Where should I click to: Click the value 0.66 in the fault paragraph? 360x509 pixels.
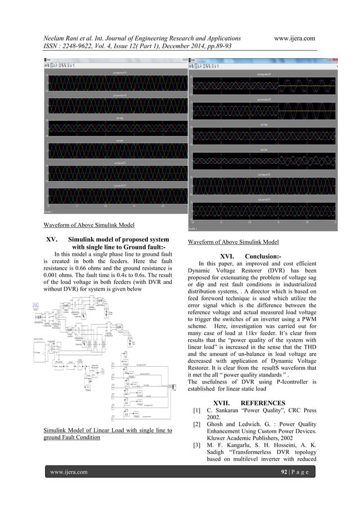click(x=93, y=271)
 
